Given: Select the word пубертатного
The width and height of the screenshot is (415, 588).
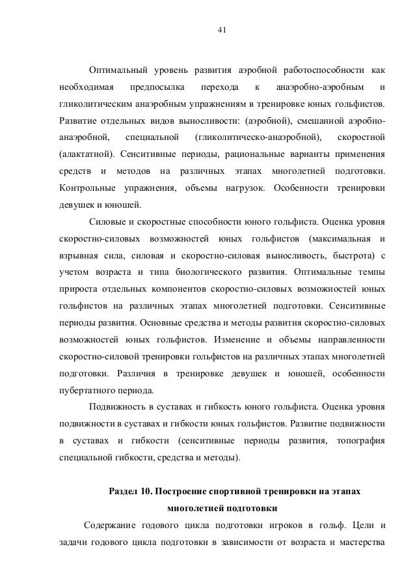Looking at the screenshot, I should (x=87, y=391).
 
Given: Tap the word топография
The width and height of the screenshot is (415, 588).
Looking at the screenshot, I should (x=357, y=441).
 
